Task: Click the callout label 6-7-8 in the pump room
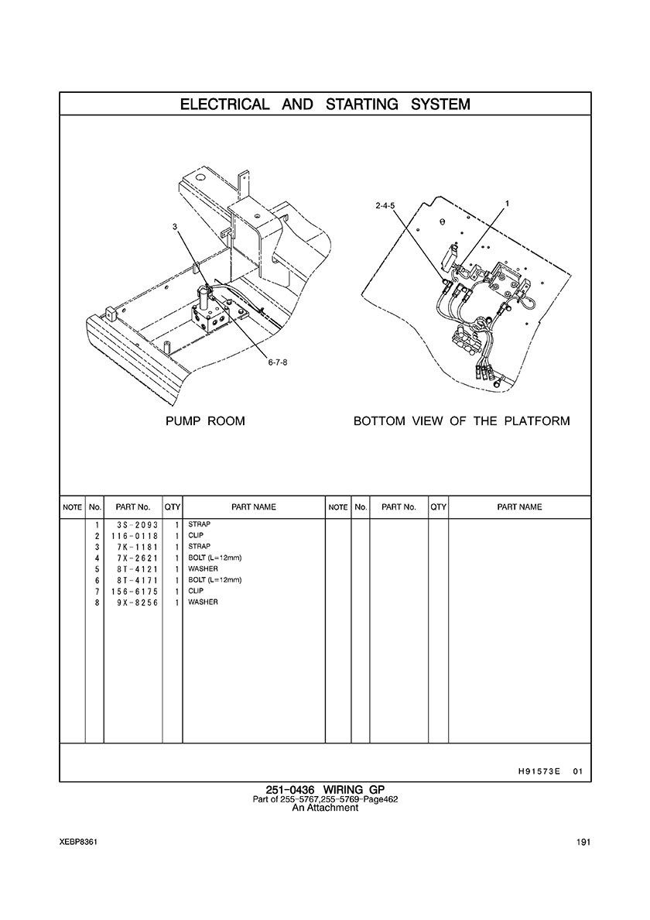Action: coord(278,362)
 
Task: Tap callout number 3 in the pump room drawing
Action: coord(175,225)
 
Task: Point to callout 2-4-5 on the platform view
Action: coord(385,206)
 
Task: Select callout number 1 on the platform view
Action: coord(507,204)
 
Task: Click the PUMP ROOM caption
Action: coord(205,421)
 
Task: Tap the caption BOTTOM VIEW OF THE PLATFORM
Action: coord(461,421)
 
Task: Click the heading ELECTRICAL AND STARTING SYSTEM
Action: coord(325,105)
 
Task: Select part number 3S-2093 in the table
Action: coord(138,524)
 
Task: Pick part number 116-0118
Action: coord(135,536)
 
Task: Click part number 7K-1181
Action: coord(138,547)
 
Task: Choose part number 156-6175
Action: coord(135,592)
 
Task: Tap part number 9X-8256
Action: coord(138,602)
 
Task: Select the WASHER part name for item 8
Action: coord(203,602)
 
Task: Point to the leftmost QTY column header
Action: coord(173,507)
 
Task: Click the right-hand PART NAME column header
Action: coord(519,507)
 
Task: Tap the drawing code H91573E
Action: coord(537,771)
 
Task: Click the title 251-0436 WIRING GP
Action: coord(325,790)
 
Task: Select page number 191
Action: coord(583,843)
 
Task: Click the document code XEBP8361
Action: coord(78,843)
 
